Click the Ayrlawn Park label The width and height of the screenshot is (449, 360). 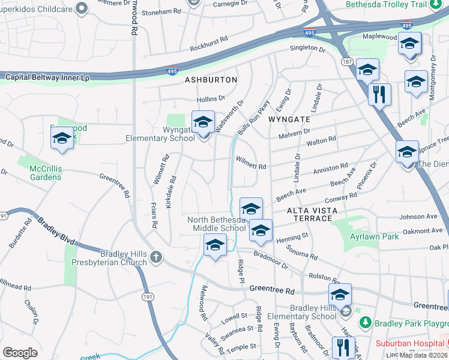point(375,237)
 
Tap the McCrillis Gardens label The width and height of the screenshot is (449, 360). point(46,173)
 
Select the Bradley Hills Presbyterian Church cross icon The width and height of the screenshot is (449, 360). point(156,257)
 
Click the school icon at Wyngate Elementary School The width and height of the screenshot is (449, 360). point(203,122)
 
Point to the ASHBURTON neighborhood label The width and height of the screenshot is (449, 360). point(211,80)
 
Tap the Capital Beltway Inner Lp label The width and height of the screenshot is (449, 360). point(47,77)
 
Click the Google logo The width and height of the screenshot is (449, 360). point(20,352)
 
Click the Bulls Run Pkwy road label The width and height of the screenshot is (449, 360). point(252,117)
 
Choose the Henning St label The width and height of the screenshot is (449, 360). point(292,237)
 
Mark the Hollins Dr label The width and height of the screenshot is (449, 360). point(211,98)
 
